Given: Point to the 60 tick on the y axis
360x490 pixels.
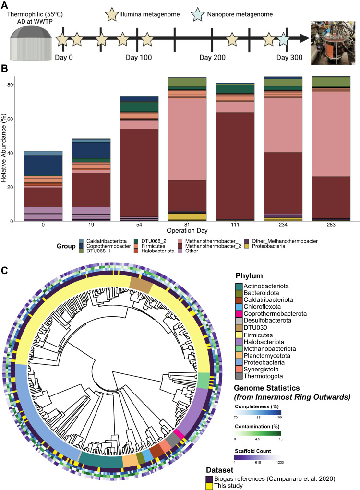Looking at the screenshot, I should pos(23,119).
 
